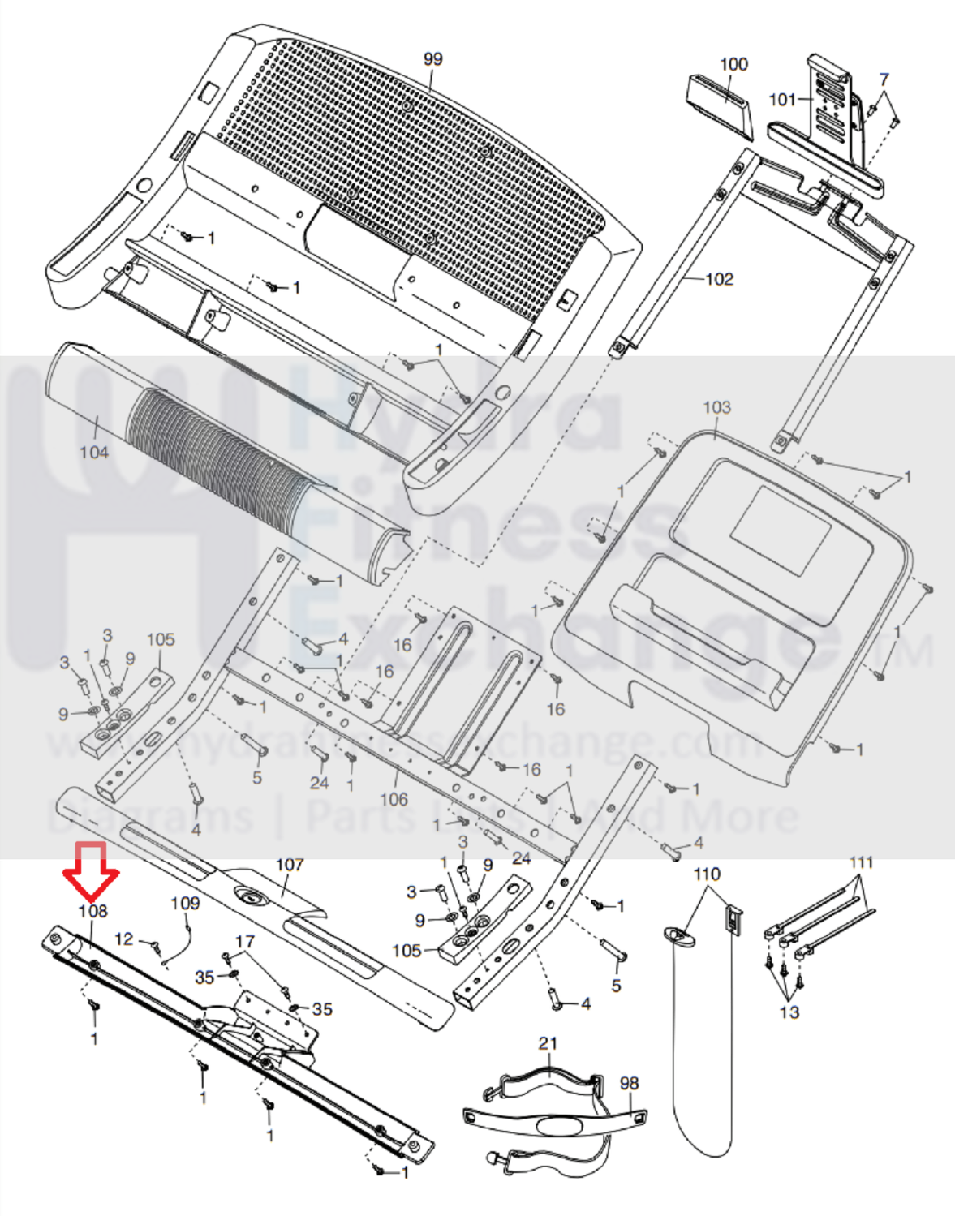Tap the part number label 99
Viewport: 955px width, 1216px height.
[433, 59]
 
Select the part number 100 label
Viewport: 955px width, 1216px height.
[733, 64]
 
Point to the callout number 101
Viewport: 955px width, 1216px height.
[782, 99]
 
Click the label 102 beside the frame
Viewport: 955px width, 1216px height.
[719, 279]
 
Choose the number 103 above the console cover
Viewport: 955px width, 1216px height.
[716, 407]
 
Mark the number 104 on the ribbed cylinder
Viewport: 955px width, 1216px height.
[94, 452]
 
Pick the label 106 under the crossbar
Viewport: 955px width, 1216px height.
[394, 799]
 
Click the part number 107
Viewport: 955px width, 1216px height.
[290, 865]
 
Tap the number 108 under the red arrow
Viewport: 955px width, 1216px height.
[92, 911]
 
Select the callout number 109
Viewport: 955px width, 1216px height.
[185, 903]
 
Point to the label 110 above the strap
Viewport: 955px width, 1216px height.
[707, 874]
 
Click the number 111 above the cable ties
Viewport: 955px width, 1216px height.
[862, 862]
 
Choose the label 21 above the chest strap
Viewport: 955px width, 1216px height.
[548, 1042]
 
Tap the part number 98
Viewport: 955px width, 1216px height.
[629, 1083]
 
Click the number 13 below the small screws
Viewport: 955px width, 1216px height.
[789, 1012]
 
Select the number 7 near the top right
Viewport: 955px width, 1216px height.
[884, 79]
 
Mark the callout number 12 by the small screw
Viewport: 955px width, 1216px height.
[123, 939]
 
